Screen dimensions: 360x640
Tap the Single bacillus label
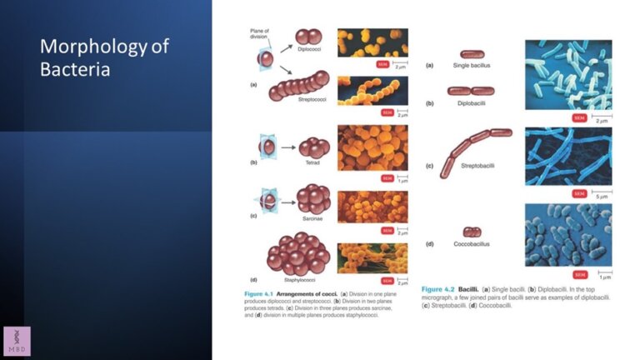click(x=471, y=65)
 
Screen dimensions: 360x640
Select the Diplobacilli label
click(x=472, y=103)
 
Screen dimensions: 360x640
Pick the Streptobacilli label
click(x=477, y=166)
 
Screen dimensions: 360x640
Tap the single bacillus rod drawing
click(x=472, y=54)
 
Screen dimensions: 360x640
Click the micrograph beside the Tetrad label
click(x=372, y=147)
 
